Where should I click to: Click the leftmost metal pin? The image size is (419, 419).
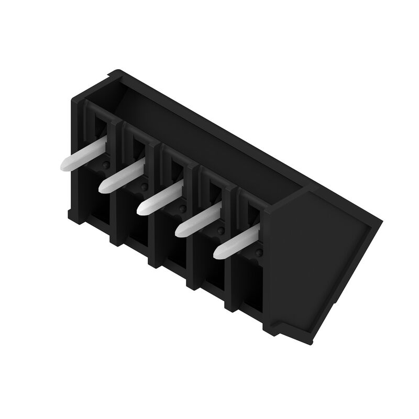pyautogui.click(x=84, y=155)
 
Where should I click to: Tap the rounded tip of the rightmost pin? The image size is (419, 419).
pyautogui.click(x=218, y=253)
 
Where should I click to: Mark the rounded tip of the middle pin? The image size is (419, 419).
pyautogui.click(x=142, y=208)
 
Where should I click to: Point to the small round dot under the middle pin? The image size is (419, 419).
pyautogui.click(x=182, y=208)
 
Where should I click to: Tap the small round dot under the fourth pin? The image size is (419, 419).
pyautogui.click(x=220, y=230)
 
